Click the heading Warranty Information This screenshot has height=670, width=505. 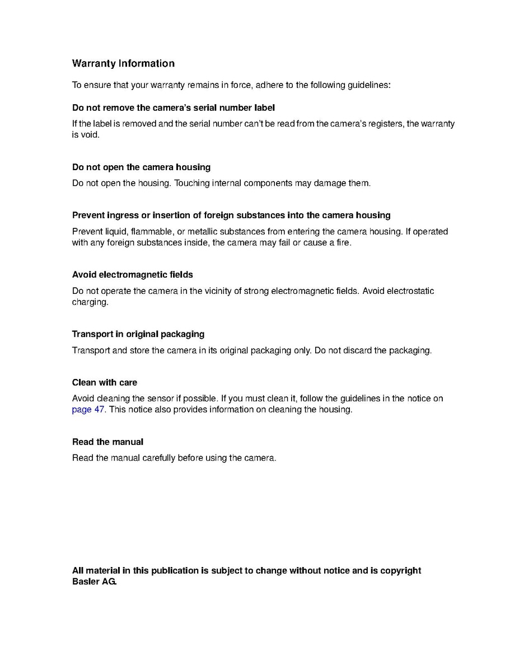click(123, 64)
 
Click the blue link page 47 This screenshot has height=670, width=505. click(88, 409)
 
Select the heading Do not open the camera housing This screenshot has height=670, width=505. click(141, 167)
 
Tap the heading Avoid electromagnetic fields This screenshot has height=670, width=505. click(132, 274)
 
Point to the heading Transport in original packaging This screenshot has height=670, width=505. click(138, 334)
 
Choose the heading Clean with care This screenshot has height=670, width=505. click(104, 383)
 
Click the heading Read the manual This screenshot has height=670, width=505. click(107, 442)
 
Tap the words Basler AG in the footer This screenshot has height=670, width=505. click(94, 582)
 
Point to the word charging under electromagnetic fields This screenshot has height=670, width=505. click(90, 302)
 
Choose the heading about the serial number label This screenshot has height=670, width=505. click(174, 107)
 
